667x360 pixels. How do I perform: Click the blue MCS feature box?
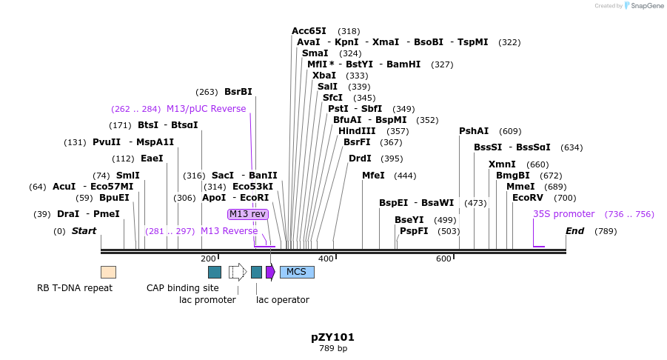(x=297, y=272)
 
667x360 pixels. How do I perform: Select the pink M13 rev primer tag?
(x=247, y=214)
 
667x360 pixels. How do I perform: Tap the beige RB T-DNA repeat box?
(x=108, y=272)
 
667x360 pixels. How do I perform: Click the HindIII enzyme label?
(x=357, y=131)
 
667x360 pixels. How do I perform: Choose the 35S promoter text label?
(x=563, y=214)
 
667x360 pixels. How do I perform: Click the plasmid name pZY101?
(x=332, y=337)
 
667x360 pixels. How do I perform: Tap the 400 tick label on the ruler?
(x=326, y=259)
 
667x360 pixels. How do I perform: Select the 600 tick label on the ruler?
(x=443, y=259)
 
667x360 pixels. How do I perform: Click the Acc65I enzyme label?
(x=309, y=31)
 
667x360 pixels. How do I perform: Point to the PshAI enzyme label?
(x=474, y=131)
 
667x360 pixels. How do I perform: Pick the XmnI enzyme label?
(x=502, y=164)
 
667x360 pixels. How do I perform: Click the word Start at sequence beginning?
(x=84, y=231)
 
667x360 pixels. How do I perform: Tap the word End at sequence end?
(x=574, y=231)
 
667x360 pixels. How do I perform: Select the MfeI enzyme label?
(x=373, y=176)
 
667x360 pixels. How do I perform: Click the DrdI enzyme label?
(x=360, y=159)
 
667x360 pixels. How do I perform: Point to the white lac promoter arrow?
(x=237, y=272)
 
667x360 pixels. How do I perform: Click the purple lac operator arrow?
(x=270, y=272)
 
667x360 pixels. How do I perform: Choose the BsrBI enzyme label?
(x=238, y=92)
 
